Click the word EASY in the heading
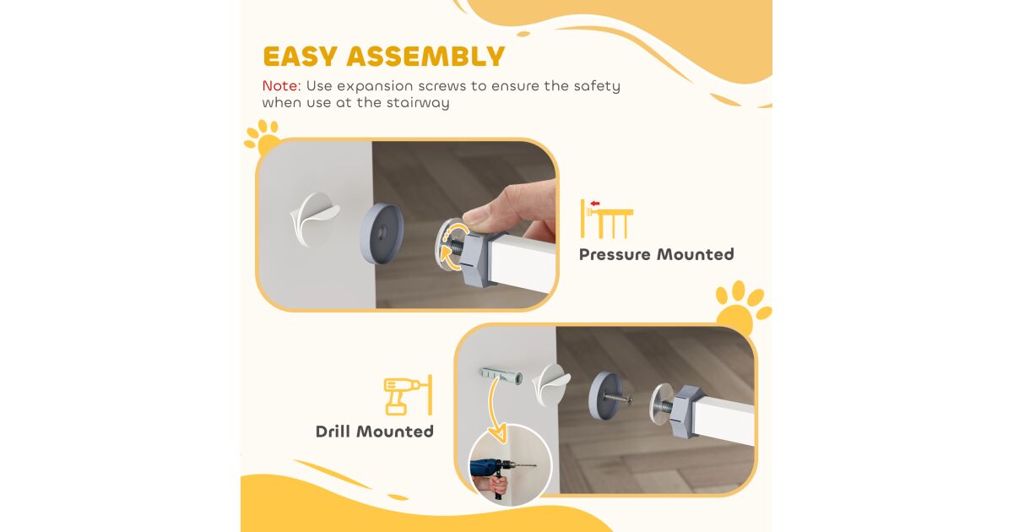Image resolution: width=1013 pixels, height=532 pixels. point(300,57)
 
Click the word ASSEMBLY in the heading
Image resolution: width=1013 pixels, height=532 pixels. point(425,57)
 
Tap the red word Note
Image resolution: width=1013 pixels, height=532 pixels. point(281,85)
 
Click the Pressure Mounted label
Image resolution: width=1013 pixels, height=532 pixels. point(656,254)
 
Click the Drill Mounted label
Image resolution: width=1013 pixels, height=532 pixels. point(375,432)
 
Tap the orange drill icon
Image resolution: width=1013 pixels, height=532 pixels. point(408,395)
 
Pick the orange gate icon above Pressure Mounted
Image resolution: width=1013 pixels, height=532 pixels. point(607,219)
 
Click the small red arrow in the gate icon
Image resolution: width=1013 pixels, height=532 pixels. point(594,204)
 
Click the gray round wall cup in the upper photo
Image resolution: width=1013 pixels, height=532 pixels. point(382,233)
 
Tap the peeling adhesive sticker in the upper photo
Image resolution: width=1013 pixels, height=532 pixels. point(314,220)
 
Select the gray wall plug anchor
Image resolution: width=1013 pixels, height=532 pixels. point(501,375)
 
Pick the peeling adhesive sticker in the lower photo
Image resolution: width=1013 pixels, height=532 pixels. point(550,384)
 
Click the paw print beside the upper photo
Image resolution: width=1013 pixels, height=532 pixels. point(263,137)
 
